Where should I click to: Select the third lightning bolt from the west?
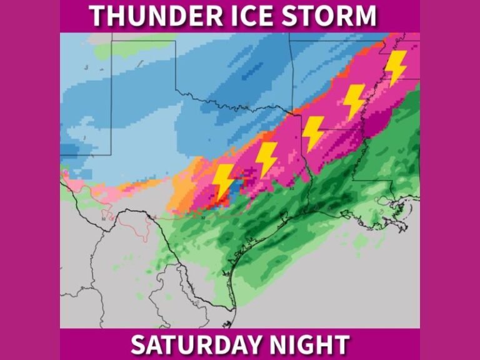coord(312,133)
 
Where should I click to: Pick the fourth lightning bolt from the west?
coord(354,101)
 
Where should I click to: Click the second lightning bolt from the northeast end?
coord(354,101)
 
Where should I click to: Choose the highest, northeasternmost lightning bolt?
coord(395,67)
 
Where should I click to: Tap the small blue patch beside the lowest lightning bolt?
coord(237,187)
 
